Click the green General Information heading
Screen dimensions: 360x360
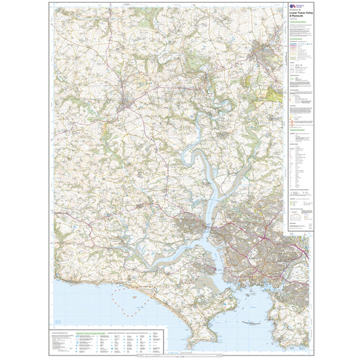tap(299, 130)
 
